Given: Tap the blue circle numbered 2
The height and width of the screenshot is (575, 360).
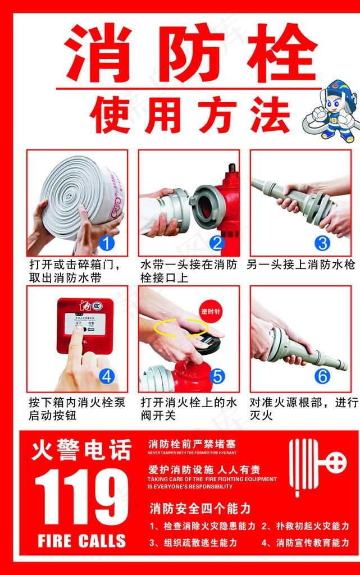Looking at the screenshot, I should (x=217, y=243).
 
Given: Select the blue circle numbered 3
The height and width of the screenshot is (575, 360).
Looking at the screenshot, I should (x=322, y=243).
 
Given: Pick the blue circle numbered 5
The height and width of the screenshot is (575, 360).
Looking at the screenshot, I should (x=217, y=375).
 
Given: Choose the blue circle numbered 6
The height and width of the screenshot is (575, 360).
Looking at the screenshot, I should (x=322, y=375).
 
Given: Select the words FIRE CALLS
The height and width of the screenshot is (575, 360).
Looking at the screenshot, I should (x=82, y=541).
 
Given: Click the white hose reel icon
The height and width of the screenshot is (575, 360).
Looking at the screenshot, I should (x=317, y=466).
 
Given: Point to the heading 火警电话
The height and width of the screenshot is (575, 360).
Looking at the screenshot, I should (x=82, y=450).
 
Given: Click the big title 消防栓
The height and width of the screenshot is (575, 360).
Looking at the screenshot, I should (x=190, y=53).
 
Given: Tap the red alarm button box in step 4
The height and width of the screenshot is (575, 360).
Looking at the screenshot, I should (x=85, y=325).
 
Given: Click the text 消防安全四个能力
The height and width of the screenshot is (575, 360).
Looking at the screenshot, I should (x=199, y=509).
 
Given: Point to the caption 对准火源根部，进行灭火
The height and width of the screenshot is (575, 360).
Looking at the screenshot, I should (x=303, y=409).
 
